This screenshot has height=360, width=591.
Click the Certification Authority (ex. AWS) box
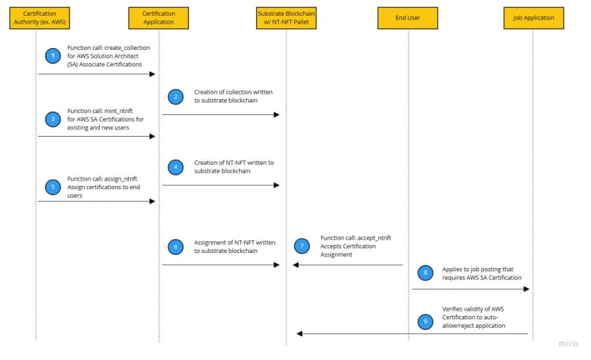point(39,18)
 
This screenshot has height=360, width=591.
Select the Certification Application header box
point(159,18)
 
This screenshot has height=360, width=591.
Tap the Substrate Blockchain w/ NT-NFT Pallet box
point(286,18)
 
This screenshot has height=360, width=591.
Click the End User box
point(408,18)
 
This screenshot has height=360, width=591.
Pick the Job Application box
point(534,18)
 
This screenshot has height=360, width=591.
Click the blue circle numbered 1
point(53,56)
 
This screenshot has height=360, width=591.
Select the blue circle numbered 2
point(175,97)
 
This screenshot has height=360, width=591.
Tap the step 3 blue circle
point(53,119)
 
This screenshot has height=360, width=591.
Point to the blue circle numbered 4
point(175,167)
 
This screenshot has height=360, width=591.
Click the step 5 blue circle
point(53,187)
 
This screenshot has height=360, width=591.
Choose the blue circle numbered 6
point(175,247)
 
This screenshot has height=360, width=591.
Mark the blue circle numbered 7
point(302,246)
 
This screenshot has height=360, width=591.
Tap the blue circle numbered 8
point(426,273)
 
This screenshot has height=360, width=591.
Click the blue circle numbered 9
point(426,321)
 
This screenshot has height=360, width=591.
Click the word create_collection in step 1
point(127,48)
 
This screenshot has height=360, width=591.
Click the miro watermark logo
point(568,344)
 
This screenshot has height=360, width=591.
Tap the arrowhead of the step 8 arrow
point(527,289)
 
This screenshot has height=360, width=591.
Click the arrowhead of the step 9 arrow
point(299,334)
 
